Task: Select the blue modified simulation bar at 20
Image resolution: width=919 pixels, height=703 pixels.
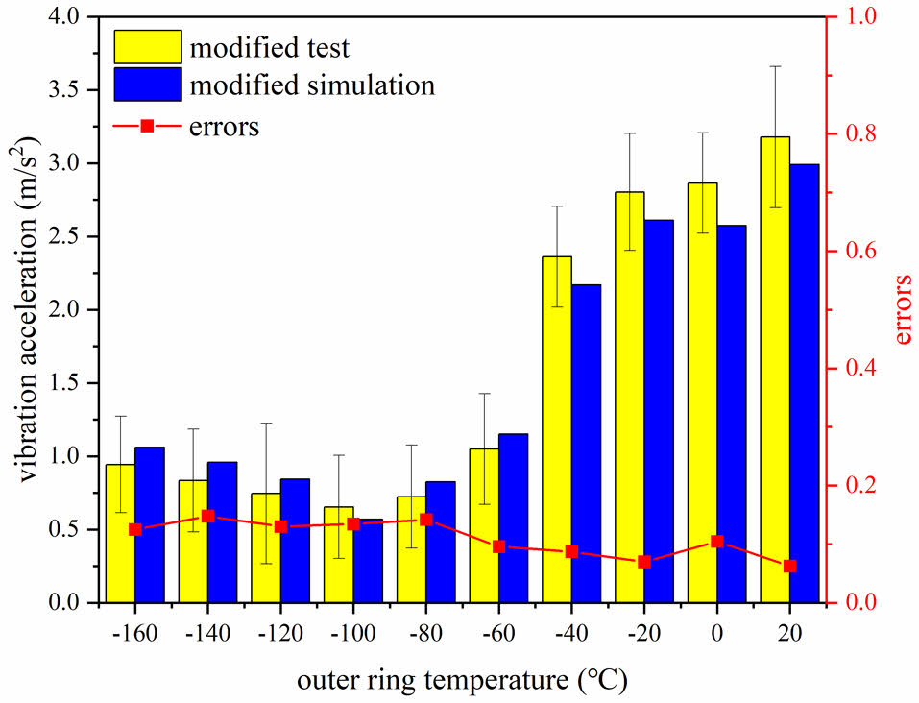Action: (x=804, y=383)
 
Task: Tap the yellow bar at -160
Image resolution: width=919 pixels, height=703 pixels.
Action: (x=120, y=533)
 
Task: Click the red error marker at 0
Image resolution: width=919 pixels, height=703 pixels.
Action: (x=716, y=542)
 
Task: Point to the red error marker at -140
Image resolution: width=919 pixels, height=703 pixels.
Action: (x=207, y=516)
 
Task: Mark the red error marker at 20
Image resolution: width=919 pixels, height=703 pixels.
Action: (x=789, y=566)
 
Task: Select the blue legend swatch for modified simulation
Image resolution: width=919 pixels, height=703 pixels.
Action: (x=147, y=85)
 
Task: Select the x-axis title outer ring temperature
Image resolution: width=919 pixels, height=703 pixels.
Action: (x=462, y=680)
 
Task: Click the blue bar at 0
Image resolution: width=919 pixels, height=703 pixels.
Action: (x=731, y=414)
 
